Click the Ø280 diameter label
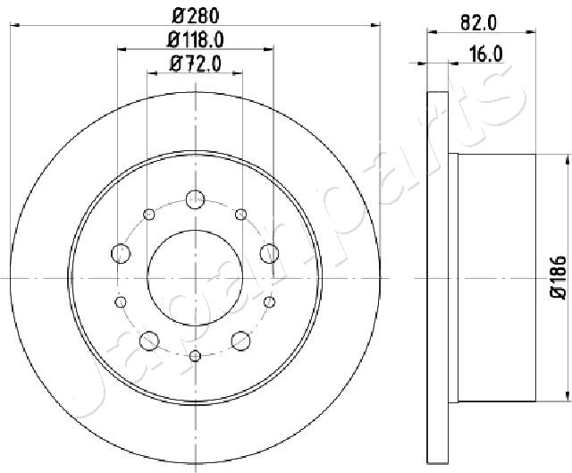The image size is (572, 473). pos(195,15)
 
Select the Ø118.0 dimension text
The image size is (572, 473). pos(195,39)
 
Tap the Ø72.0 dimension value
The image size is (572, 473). pos(195,64)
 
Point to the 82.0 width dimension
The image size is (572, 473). pos(478,23)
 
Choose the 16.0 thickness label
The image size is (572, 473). pos(485,55)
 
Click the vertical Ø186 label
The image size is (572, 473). pos(559,278)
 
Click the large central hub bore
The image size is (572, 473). pos(195,278)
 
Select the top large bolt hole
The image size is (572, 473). pos(195,199)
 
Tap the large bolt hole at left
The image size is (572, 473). pos(121,253)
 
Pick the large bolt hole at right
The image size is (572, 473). pos(270,253)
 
